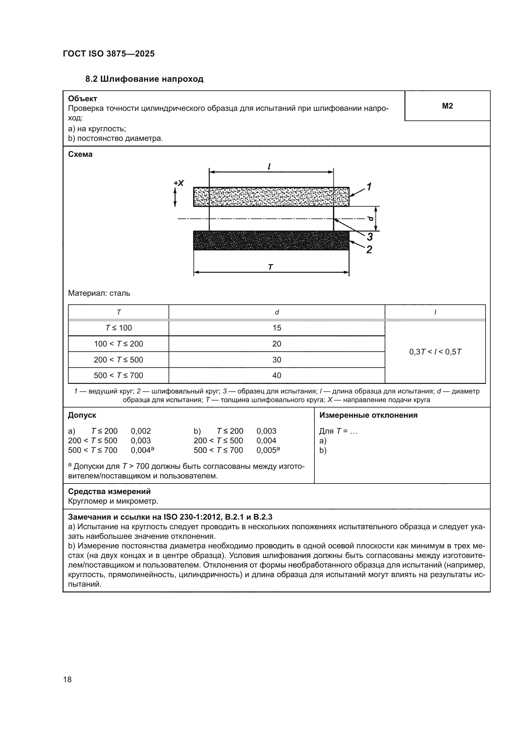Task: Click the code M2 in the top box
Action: (447, 106)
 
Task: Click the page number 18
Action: (67, 679)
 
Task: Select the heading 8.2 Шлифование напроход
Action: (144, 79)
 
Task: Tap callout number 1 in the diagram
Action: (369, 187)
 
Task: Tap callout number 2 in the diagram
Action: (369, 250)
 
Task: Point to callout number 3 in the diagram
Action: (370, 237)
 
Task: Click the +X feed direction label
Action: (179, 183)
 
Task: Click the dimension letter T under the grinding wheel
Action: (270, 267)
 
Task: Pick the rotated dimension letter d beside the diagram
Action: (371, 218)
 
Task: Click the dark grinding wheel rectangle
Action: (271, 240)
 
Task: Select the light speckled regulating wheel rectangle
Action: (271, 196)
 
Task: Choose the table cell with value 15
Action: (277, 328)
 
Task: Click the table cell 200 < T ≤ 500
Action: (118, 360)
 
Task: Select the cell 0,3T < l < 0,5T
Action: (435, 352)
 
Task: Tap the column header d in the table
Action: (277, 312)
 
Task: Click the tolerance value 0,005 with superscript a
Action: (268, 450)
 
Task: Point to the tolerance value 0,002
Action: (141, 431)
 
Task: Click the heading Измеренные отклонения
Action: (368, 415)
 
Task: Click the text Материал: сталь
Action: (99, 293)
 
